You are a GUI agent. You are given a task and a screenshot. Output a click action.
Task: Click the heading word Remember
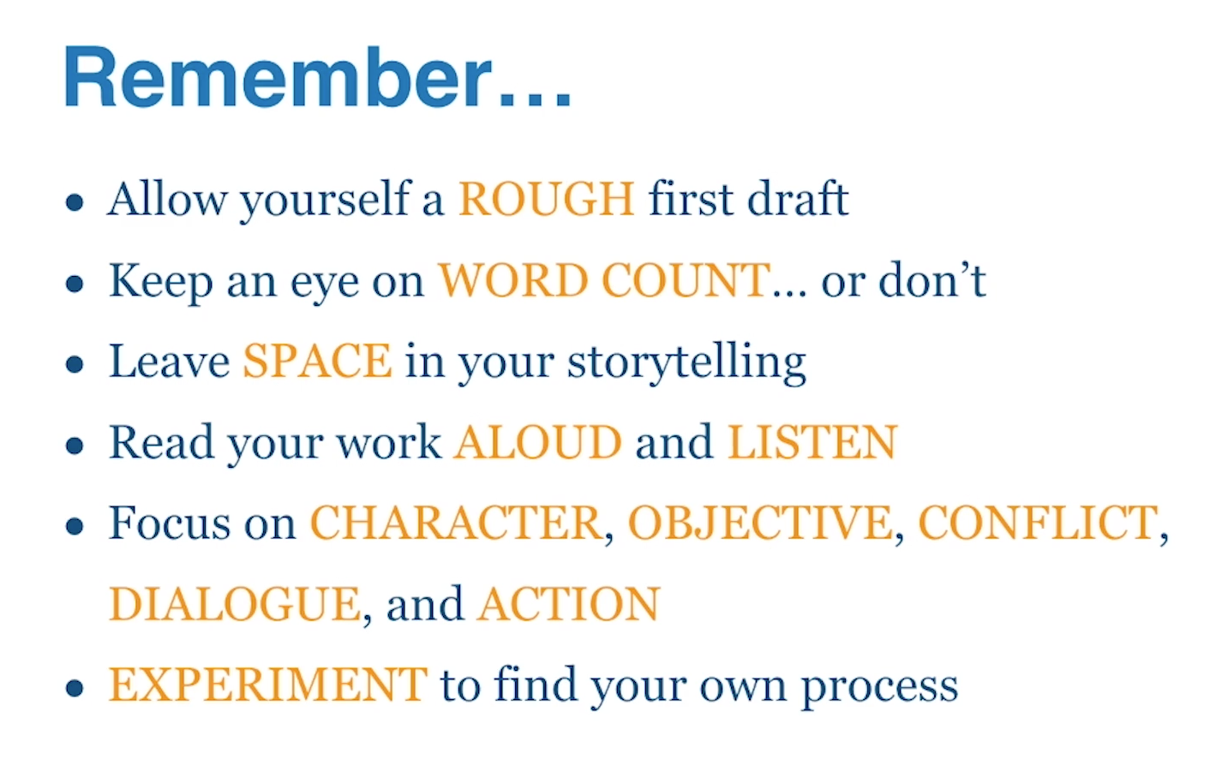[277, 77]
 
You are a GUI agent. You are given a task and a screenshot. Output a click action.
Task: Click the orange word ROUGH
[547, 199]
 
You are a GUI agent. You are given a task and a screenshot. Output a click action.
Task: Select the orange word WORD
[513, 280]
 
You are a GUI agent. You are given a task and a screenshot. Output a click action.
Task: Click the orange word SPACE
[318, 361]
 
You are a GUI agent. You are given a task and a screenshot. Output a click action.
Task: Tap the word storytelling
[686, 362]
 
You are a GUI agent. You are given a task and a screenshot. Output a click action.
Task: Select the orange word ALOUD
[537, 442]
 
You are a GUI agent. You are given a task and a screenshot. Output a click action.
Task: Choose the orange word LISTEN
[812, 442]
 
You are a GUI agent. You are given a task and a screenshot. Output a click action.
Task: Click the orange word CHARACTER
[456, 523]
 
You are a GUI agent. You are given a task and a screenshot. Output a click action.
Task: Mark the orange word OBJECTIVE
[760, 523]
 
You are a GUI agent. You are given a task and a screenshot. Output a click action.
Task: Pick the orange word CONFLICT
[1038, 523]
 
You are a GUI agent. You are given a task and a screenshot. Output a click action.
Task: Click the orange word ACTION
[569, 603]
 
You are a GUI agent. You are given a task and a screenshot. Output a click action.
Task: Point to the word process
[880, 688]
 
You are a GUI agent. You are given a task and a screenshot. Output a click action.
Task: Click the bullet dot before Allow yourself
[75, 202]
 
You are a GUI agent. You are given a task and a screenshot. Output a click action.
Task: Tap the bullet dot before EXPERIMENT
[75, 688]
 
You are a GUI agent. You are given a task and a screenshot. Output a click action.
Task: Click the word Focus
[170, 523]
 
